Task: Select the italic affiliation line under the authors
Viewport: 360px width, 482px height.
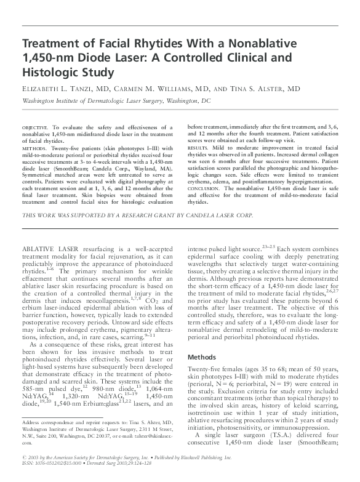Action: coord(116,100)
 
